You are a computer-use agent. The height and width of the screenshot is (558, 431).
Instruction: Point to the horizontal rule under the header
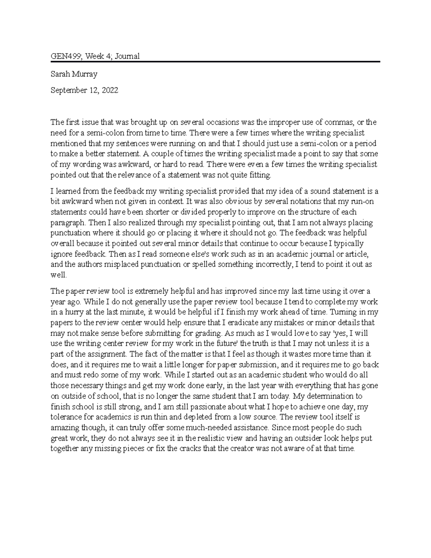point(215,62)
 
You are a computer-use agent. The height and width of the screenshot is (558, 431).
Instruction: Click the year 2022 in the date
point(110,90)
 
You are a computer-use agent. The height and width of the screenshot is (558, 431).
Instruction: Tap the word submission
point(259,365)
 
